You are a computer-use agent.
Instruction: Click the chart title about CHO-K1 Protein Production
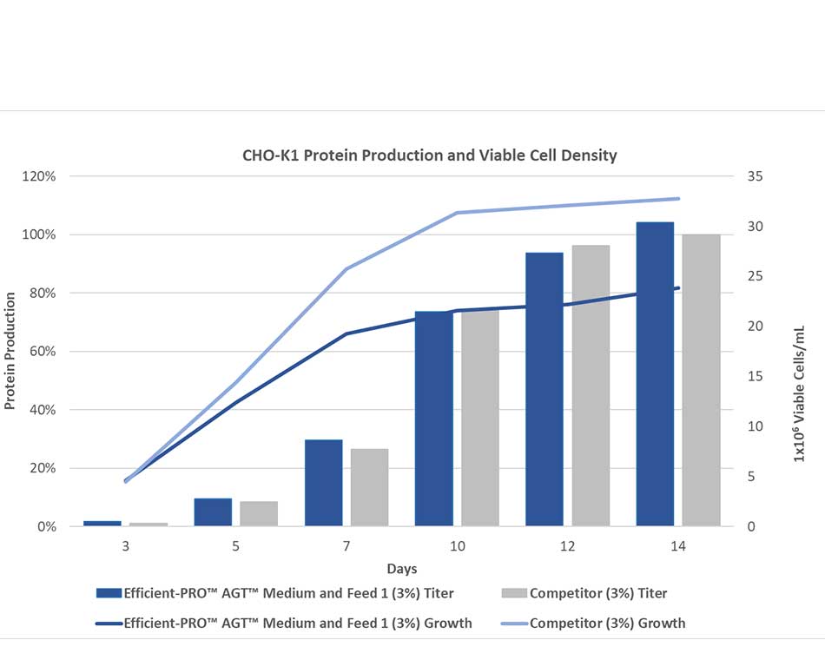point(429,155)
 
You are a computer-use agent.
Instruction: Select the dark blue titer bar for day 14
point(655,373)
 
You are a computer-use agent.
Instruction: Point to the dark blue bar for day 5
point(213,512)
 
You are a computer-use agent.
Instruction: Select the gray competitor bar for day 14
point(701,380)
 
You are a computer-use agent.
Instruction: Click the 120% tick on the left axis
point(38,176)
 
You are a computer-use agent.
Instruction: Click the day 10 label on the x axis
point(457,547)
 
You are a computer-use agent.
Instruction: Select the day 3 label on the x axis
point(126,547)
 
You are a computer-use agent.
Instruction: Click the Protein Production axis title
point(10,351)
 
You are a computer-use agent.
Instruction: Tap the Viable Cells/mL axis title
point(799,394)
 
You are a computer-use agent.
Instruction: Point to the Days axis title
point(402,569)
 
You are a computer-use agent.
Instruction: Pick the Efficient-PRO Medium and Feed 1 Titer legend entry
point(288,594)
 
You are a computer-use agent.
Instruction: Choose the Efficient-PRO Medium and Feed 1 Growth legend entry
point(298,623)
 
